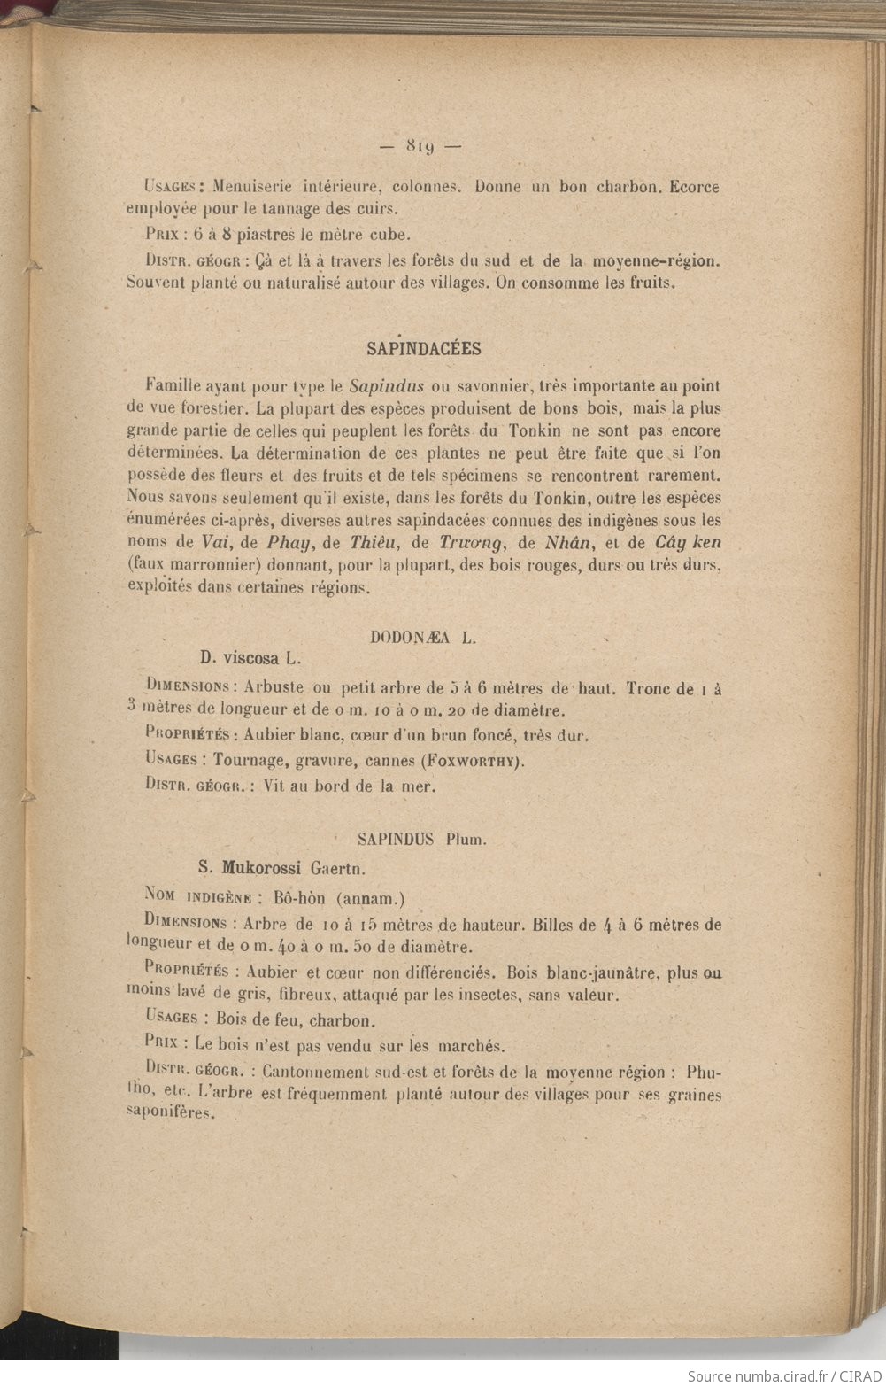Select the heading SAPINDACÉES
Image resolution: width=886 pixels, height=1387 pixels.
pos(424,348)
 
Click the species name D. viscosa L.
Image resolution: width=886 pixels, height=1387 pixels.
pos(251,658)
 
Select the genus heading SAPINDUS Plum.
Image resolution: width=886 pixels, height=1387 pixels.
pos(421,837)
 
